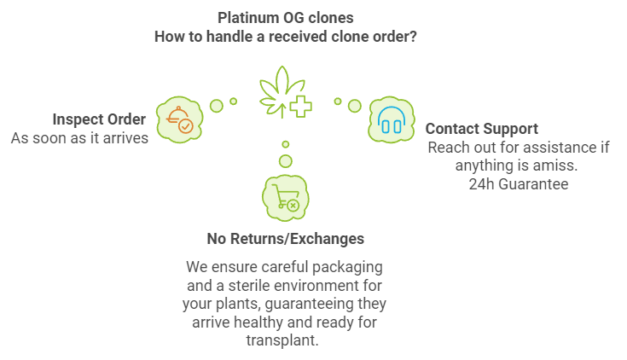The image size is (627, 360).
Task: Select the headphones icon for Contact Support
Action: coord(390,119)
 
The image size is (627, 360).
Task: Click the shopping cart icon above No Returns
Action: coord(285,196)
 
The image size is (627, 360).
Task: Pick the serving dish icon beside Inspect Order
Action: coord(180,119)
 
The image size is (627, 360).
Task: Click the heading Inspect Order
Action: coord(99,119)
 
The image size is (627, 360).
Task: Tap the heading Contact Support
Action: coord(481,129)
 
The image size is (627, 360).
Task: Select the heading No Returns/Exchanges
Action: coord(285,239)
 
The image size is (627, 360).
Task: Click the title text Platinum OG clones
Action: coord(285,17)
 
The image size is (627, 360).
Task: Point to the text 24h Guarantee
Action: coord(518,183)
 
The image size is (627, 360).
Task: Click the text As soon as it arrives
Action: coord(79,137)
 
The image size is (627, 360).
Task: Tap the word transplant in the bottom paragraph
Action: coord(285,340)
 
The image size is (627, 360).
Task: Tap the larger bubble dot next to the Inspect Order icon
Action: coord(217,105)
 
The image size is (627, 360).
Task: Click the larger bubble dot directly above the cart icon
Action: coord(286,160)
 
